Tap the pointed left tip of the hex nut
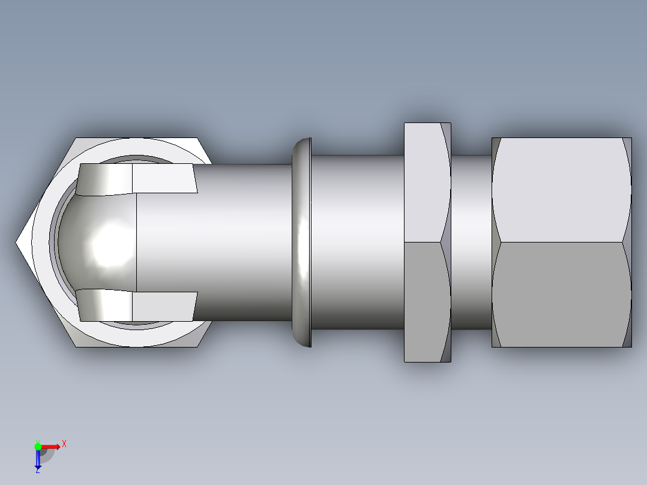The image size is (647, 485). point(19,242)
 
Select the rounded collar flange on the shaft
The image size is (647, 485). point(301,242)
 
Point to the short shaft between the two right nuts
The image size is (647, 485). point(471,242)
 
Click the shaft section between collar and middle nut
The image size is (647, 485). point(357,242)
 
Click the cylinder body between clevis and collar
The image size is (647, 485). point(240,242)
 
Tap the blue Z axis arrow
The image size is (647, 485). point(38,459)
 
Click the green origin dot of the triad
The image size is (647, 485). point(38,446)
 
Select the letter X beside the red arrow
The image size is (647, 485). point(64,444)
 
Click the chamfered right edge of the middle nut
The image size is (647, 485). point(446,242)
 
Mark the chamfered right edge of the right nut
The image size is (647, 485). point(628,242)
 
